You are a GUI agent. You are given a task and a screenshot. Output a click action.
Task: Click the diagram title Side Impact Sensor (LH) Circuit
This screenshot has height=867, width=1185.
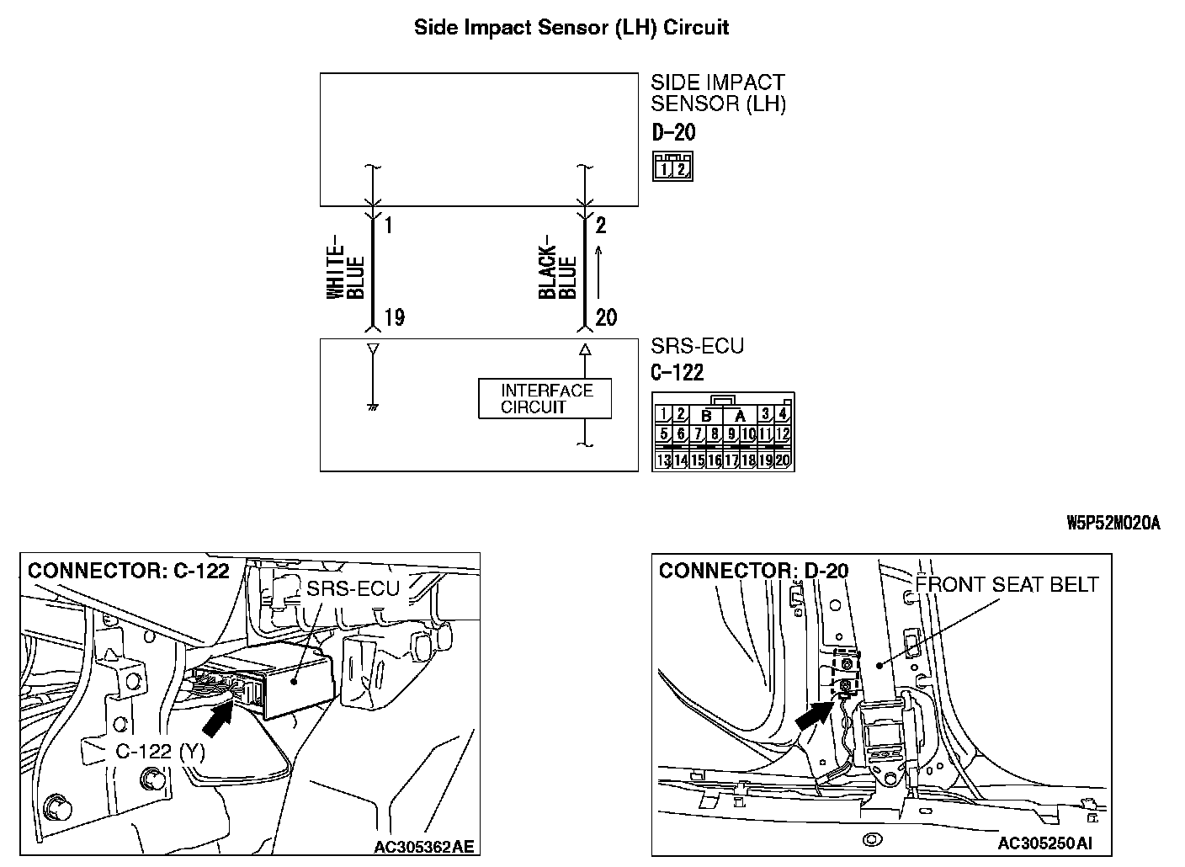(x=571, y=27)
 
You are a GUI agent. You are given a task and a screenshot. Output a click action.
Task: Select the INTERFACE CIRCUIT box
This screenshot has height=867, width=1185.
(x=545, y=399)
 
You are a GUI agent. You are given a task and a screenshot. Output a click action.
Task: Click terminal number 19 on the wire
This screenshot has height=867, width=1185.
(x=394, y=317)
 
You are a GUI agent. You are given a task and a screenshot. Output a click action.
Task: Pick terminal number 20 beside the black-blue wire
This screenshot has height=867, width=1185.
(x=606, y=317)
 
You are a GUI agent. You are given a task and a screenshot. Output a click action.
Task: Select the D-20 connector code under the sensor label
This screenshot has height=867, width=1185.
(x=673, y=132)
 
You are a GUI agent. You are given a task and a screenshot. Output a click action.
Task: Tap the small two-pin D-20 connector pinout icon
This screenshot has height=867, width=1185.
(x=672, y=167)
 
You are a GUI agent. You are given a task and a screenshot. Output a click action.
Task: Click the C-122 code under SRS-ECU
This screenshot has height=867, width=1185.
(x=678, y=373)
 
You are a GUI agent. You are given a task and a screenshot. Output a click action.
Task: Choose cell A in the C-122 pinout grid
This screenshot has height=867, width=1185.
(x=740, y=415)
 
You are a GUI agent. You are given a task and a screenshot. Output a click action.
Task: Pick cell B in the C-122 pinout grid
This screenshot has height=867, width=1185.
(x=707, y=415)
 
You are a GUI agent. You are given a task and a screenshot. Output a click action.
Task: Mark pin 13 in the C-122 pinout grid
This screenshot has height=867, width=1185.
(x=663, y=460)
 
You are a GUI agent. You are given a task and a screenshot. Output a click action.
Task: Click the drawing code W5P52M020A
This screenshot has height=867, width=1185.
(x=1113, y=524)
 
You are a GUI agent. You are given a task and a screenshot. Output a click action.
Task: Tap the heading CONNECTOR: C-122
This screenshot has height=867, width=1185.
(x=129, y=571)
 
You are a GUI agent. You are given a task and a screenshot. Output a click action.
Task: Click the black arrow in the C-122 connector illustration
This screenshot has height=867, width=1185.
(x=218, y=717)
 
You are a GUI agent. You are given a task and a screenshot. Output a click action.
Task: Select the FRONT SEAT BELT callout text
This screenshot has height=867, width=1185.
(x=1007, y=584)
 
